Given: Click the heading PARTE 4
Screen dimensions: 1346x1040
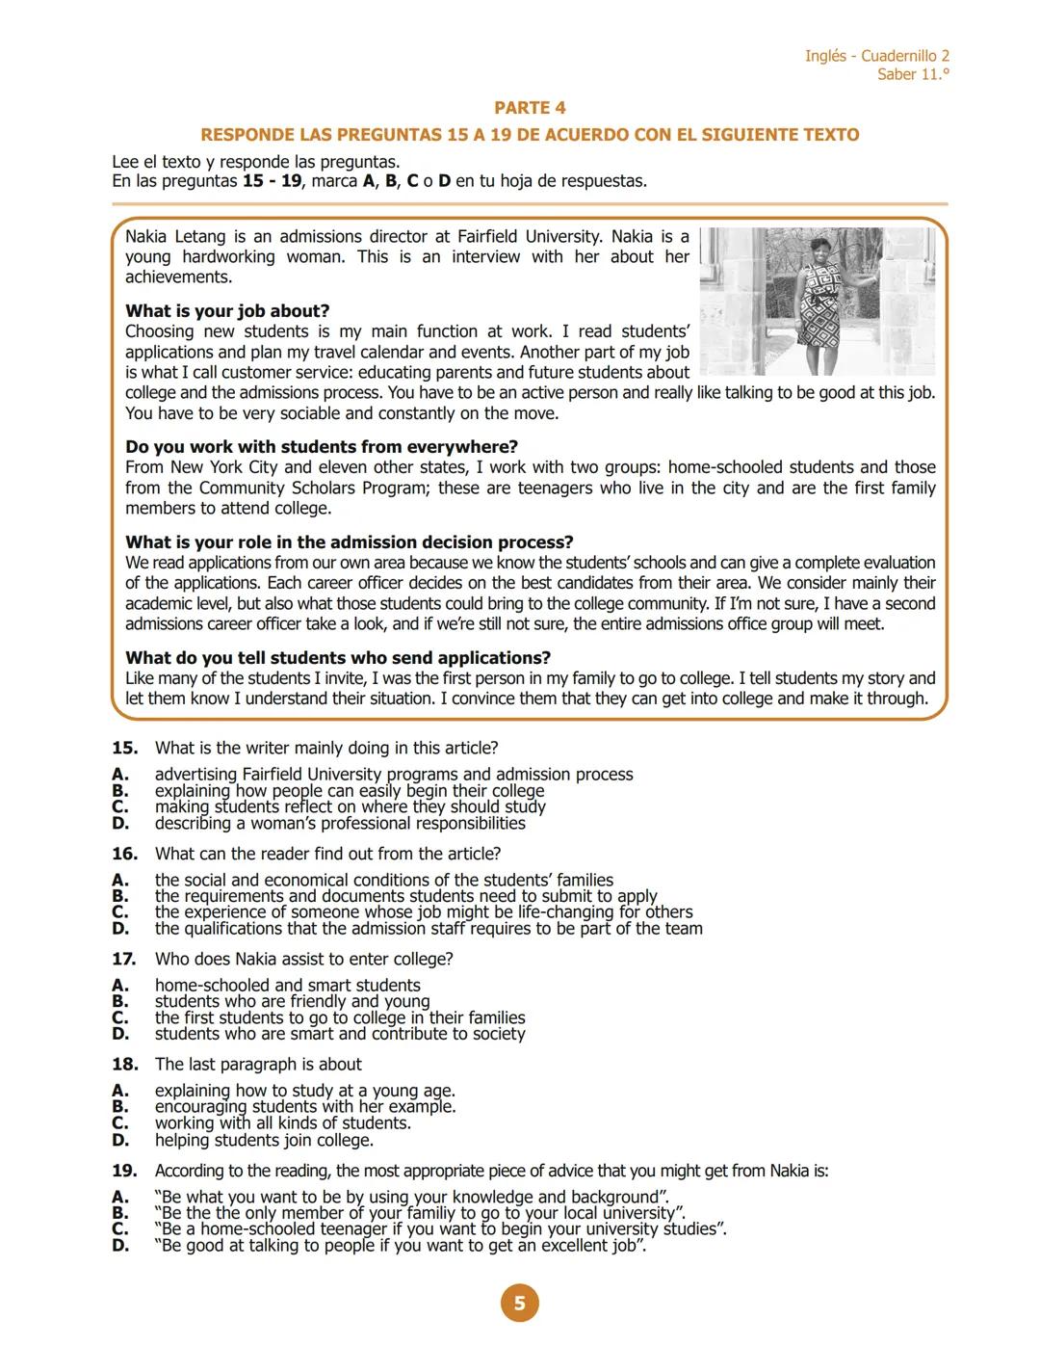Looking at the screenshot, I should coord(530,108).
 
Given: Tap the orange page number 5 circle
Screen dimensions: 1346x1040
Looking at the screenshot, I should coord(519,1304).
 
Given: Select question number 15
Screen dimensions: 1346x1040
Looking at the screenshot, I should coord(124,749).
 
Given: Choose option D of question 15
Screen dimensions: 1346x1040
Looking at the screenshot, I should coord(120,824).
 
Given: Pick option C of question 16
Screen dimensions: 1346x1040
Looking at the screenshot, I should coord(120,912).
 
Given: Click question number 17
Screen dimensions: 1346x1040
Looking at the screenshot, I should coord(124,960).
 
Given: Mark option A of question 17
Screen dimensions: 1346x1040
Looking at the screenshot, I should coord(120,986).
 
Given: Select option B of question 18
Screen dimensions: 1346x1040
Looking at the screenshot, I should coord(120,1107).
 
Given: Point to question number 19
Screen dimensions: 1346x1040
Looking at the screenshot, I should coord(124,1172).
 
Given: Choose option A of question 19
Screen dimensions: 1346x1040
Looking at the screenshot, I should coord(120,1198).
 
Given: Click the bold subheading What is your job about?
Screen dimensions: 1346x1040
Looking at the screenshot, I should coord(227,311).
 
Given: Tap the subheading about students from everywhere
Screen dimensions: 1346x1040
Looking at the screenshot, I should coord(322,447).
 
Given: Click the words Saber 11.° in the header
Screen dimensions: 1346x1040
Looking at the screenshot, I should coord(913,75).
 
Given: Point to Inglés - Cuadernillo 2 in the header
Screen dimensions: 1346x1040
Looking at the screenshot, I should coord(876,56).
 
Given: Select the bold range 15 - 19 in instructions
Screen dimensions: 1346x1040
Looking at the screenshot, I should coord(272,181).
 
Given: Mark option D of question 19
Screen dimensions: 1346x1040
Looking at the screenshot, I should coord(120,1246).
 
